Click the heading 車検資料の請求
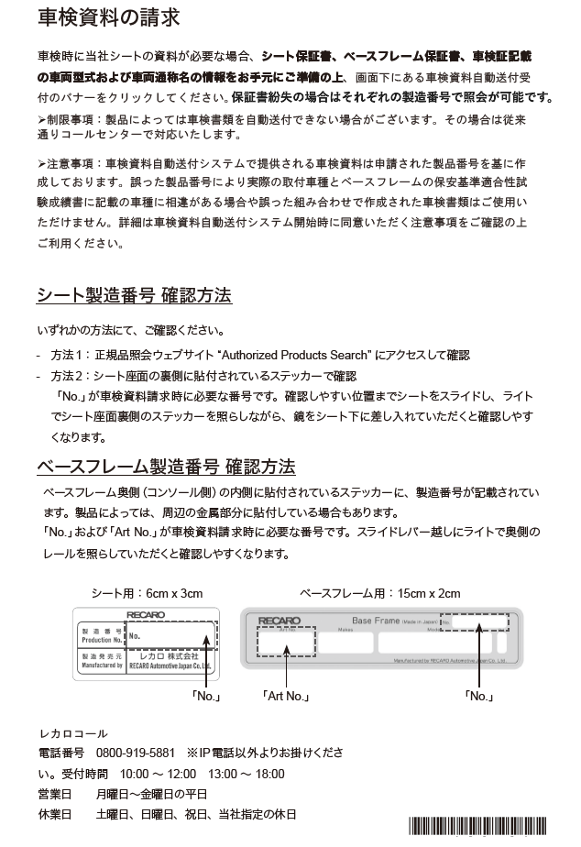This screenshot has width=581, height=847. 109,17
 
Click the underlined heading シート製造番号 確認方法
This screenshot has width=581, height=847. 134,296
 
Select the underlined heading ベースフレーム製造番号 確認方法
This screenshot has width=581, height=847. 166,466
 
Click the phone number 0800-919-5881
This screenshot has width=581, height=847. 136,753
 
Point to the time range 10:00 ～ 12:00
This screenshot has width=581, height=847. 158,773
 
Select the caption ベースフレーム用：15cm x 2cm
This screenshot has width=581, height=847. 380,593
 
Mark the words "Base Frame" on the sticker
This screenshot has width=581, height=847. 376,621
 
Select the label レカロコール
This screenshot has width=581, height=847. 72,733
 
